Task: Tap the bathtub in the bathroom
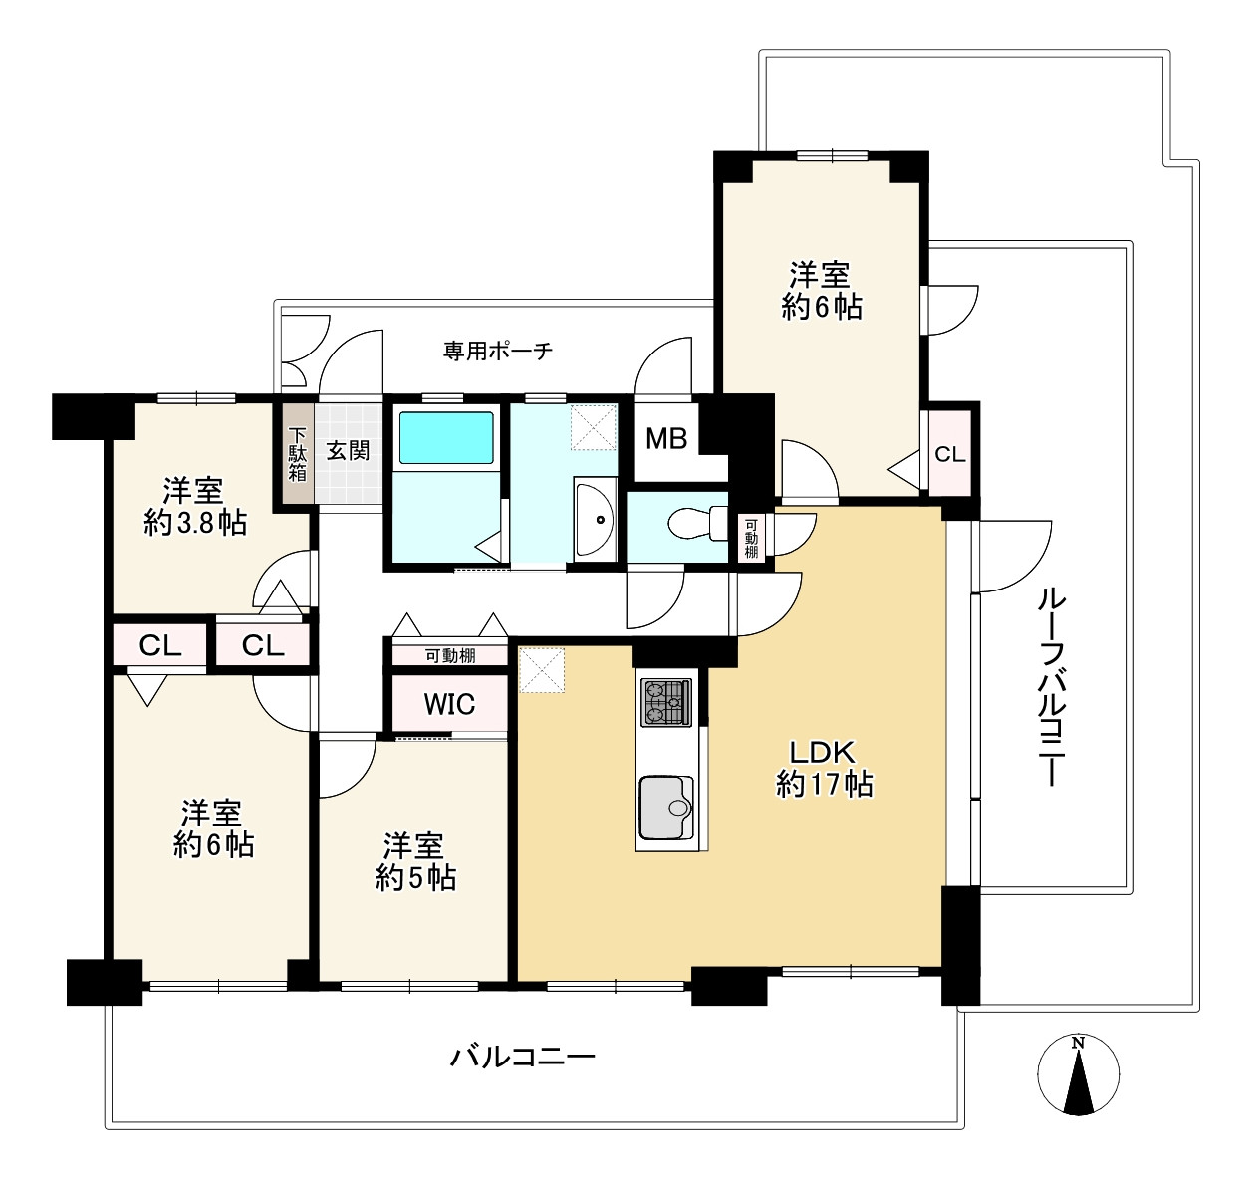point(446,438)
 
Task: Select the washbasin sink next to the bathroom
point(595,519)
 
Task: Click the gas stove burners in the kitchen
point(666,702)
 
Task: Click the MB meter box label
point(666,438)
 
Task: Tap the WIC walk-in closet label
point(449,704)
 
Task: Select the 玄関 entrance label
point(348,450)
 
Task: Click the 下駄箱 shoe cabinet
point(297,454)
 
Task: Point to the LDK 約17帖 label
point(824,769)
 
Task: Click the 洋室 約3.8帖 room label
point(195,507)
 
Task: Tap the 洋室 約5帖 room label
point(415,862)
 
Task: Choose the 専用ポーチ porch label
point(498,351)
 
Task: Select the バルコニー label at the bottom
point(522,1057)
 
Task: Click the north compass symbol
point(1079,1074)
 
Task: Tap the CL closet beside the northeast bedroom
point(949,454)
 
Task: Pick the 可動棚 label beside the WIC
point(450,656)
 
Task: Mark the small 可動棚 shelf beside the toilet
point(751,539)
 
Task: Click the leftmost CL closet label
point(160,645)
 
